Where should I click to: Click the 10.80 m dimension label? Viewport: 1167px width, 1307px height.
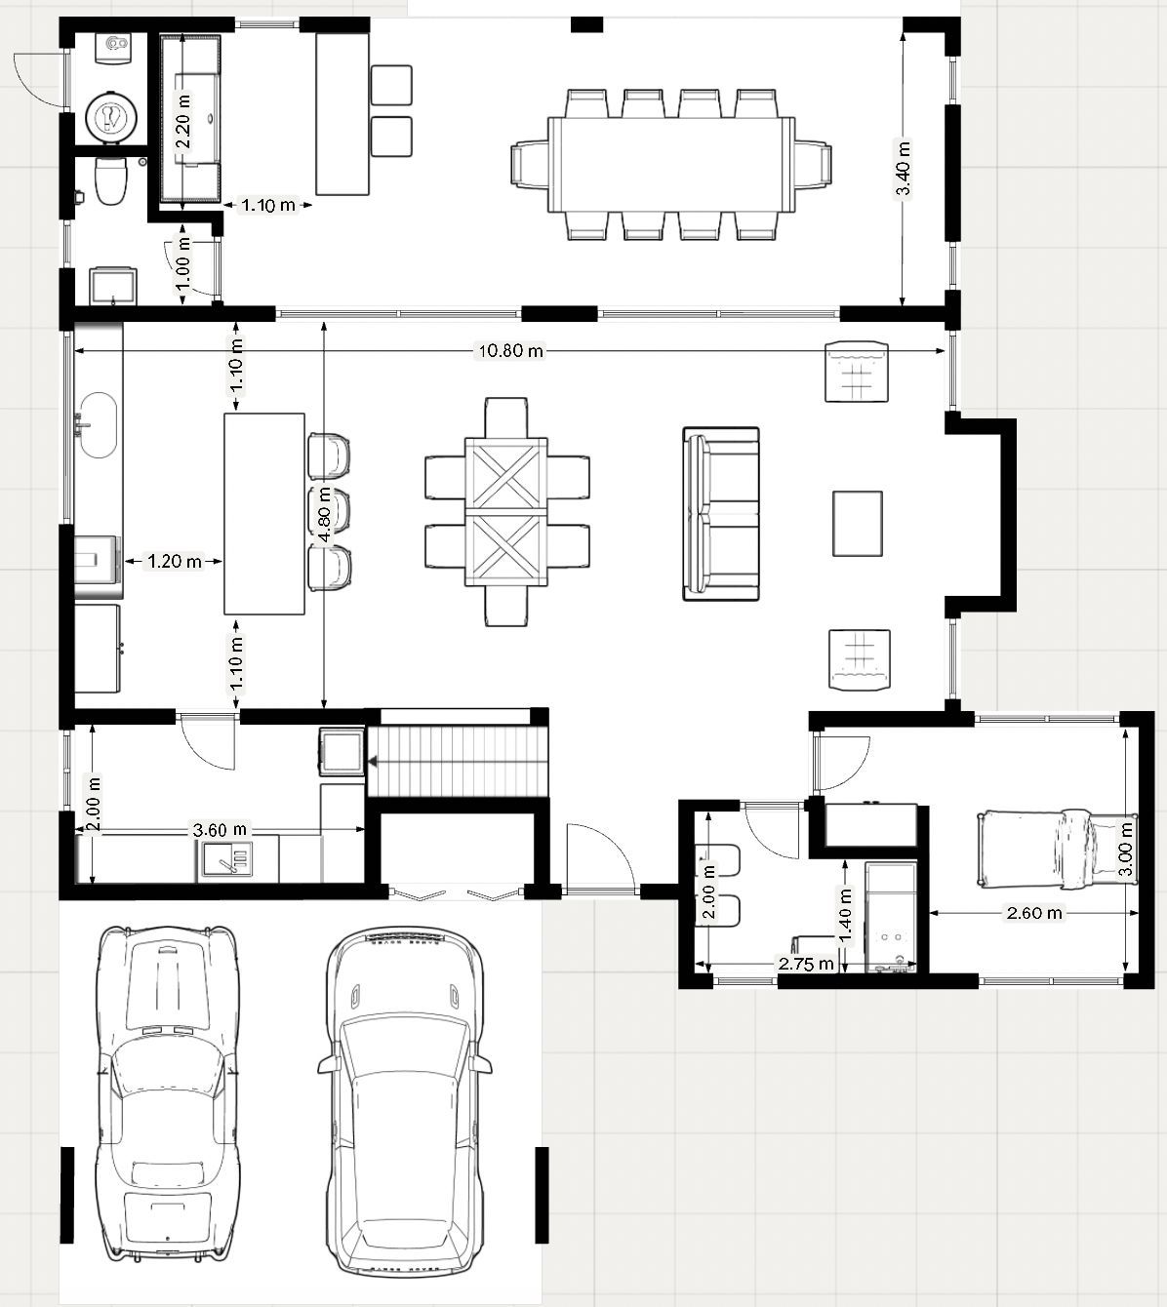pyautogui.click(x=510, y=351)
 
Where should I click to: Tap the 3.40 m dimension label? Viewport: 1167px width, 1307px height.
pyautogui.click(x=903, y=169)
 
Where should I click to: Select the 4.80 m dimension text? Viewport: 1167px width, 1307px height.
pyautogui.click(x=324, y=514)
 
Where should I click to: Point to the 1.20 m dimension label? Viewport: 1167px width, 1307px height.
pyautogui.click(x=175, y=561)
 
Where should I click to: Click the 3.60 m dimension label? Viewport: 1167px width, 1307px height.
pyautogui.click(x=220, y=830)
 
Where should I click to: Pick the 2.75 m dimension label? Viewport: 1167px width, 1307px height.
pyautogui.click(x=806, y=965)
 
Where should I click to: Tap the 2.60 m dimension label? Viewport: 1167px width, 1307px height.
pyautogui.click(x=1034, y=913)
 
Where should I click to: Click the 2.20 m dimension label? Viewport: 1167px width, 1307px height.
pyautogui.click(x=183, y=121)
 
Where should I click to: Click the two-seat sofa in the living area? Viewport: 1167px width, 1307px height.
pyautogui.click(x=721, y=514)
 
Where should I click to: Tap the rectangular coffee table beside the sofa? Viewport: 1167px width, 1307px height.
pyautogui.click(x=857, y=523)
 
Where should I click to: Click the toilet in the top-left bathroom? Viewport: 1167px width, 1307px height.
pyautogui.click(x=111, y=180)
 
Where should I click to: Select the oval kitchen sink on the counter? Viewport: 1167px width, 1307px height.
pyautogui.click(x=99, y=425)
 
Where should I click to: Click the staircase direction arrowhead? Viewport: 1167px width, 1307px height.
pyautogui.click(x=372, y=763)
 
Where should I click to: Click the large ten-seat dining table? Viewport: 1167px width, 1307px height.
pyautogui.click(x=671, y=165)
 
